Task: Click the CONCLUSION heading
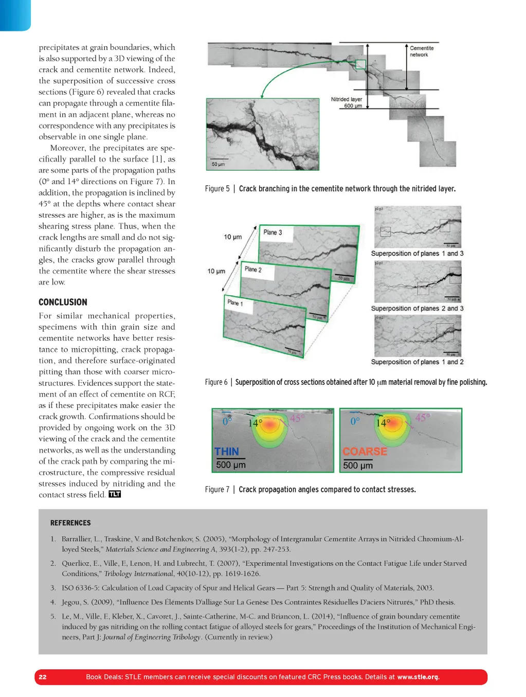click(x=63, y=302)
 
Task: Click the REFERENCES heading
click(x=70, y=523)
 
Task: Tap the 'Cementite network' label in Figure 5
click(x=422, y=51)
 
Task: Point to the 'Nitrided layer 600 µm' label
click(x=347, y=102)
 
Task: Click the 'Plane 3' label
click(x=273, y=233)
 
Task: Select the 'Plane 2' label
click(x=253, y=269)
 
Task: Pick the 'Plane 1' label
click(x=235, y=302)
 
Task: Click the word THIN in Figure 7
click(x=227, y=452)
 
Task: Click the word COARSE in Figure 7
click(x=365, y=452)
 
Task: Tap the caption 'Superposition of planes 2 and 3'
click(x=417, y=309)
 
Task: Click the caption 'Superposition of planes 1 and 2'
click(x=417, y=362)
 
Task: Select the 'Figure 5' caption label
click(x=217, y=189)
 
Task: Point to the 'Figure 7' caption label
click(x=217, y=490)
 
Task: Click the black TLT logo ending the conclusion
click(x=115, y=494)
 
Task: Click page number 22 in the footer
click(x=43, y=677)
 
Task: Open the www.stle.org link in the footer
click(x=418, y=677)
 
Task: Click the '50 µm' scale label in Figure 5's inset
click(x=218, y=165)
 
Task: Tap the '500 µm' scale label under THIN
click(x=231, y=465)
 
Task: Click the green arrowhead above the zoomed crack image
click(x=262, y=96)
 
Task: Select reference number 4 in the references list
click(x=53, y=602)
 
